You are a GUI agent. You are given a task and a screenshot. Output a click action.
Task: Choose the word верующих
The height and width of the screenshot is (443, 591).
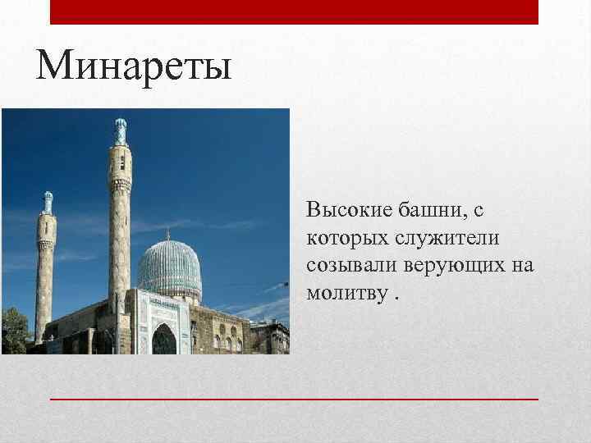(x=456, y=266)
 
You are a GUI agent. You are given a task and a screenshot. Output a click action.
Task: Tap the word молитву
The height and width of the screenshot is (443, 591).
(x=345, y=293)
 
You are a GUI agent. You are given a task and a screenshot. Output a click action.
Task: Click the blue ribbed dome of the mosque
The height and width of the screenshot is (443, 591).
(x=169, y=270)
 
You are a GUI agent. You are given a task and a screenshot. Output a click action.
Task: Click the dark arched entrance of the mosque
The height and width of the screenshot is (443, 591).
(x=164, y=338)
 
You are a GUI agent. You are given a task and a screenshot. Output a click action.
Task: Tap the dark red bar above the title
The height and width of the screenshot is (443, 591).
(x=294, y=11)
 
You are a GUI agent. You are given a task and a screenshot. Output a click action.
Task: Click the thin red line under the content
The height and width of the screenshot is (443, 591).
(x=294, y=398)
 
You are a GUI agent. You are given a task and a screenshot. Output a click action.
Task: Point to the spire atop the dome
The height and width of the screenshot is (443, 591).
(x=168, y=235)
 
